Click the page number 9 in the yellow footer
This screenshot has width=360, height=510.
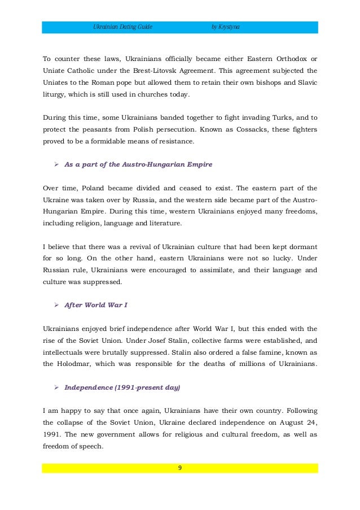[x=180, y=468]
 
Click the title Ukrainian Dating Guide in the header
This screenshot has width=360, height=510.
[x=122, y=27]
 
